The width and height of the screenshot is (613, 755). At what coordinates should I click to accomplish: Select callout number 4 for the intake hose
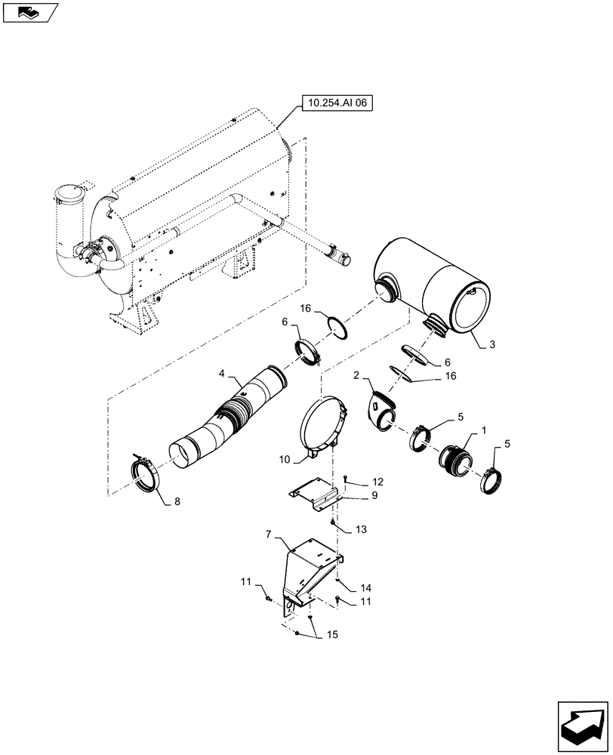coord(223,373)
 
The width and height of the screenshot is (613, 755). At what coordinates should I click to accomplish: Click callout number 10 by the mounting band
coord(284,459)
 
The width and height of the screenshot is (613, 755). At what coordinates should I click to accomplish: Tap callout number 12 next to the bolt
coord(377,482)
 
